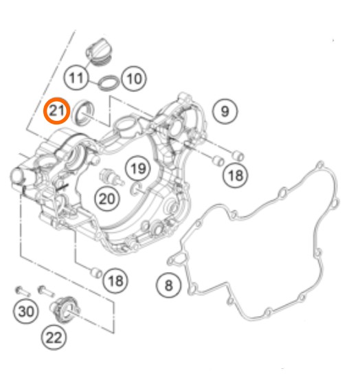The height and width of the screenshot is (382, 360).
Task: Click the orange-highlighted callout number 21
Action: [x=57, y=111]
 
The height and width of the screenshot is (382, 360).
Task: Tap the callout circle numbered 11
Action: [x=76, y=78]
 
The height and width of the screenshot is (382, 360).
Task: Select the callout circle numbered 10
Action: [x=134, y=79]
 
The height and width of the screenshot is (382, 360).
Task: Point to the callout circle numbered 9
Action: [x=225, y=111]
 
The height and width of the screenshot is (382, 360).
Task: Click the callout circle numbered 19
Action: [x=138, y=168]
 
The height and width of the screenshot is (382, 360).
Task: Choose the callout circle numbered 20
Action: [x=107, y=199]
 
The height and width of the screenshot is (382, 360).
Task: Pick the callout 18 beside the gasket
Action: [x=235, y=175]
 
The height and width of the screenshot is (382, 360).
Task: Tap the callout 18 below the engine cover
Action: [x=115, y=281]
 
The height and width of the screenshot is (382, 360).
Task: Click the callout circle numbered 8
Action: [x=168, y=285]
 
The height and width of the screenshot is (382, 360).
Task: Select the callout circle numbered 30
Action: [x=25, y=311]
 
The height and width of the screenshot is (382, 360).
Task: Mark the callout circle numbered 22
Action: [x=54, y=337]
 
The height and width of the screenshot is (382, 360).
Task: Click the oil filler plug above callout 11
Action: [x=98, y=52]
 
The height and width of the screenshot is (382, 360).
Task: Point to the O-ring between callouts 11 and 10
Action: [x=109, y=82]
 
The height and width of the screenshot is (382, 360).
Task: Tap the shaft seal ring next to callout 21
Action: [x=83, y=113]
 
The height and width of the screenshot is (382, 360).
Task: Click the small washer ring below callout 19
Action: [x=136, y=188]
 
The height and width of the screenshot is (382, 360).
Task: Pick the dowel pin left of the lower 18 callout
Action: [x=96, y=273]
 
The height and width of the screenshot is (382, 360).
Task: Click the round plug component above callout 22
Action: [x=65, y=310]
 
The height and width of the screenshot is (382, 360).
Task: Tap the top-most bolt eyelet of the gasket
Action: [x=321, y=166]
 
